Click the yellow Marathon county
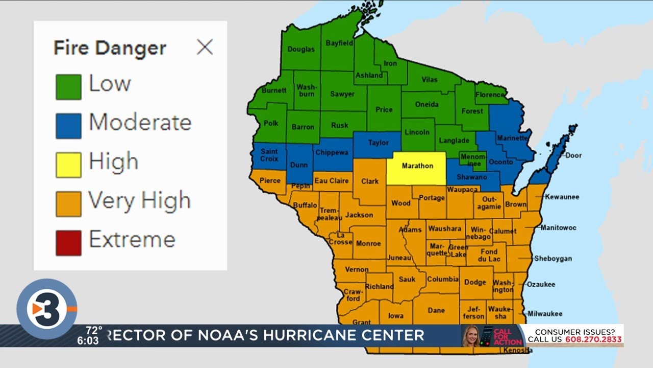tap(417, 167)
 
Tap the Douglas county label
tap(301, 50)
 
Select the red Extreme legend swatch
tap(68, 243)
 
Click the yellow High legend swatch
tap(68, 165)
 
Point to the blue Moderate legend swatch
tap(68, 126)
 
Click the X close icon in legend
tap(205, 48)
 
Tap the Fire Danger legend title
tap(110, 48)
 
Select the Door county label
tap(573, 155)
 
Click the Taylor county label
tap(378, 143)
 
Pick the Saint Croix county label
tap(269, 155)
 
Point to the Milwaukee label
tap(545, 314)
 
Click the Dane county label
tap(436, 310)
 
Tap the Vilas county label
tap(430, 80)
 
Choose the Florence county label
tap(490, 95)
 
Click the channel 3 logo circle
tap(46, 309)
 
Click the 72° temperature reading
tap(94, 330)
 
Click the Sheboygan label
tap(552, 259)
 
